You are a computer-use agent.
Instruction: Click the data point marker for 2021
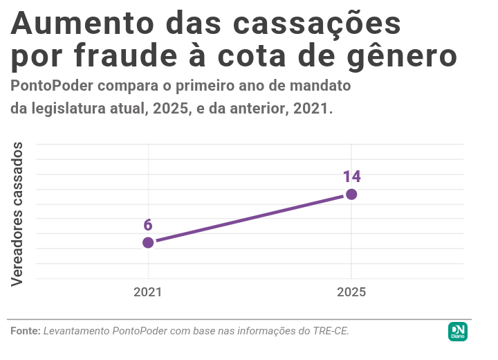click(148, 242)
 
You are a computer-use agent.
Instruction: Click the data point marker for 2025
click(351, 194)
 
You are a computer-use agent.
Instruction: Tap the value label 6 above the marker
click(148, 225)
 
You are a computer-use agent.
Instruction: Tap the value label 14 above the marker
click(352, 177)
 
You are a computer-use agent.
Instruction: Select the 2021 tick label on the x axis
click(148, 292)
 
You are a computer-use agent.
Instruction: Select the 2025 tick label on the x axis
click(351, 292)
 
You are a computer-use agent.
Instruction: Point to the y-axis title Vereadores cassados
click(18, 213)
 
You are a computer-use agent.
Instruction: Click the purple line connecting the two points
click(249, 218)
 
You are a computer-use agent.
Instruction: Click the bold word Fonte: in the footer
click(26, 331)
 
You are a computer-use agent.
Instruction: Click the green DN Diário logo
click(458, 331)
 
